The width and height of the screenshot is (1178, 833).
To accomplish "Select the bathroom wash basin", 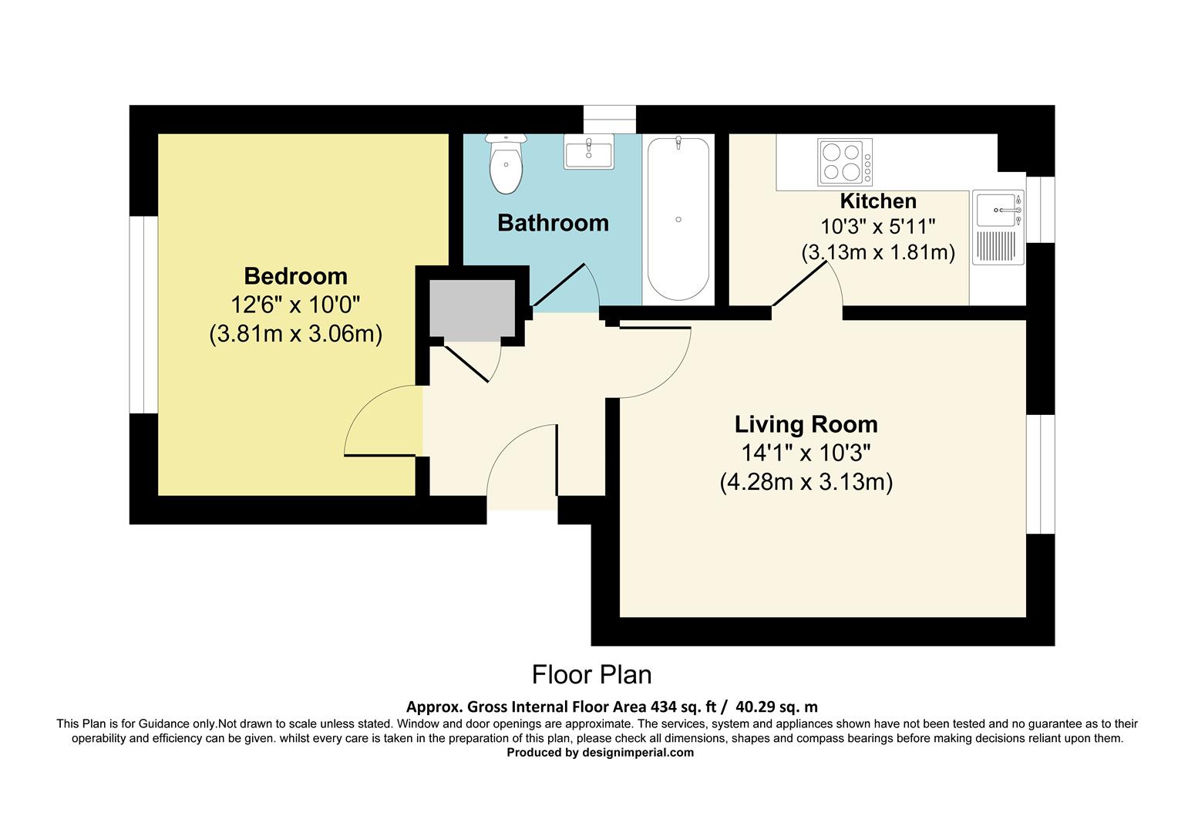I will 588,151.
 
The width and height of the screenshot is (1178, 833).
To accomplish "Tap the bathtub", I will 678,219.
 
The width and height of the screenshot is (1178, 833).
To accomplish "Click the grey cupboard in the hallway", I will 472,309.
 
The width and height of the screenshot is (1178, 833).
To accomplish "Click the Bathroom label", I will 553,223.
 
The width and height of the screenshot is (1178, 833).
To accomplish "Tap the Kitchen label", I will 878,201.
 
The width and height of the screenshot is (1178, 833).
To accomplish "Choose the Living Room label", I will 806,424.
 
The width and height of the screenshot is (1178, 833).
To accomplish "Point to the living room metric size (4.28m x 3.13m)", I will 806,482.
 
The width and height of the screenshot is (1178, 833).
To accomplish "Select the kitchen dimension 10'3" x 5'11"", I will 878,227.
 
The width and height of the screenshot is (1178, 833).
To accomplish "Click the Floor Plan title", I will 591,675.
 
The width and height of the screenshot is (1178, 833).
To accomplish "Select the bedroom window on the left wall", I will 143,315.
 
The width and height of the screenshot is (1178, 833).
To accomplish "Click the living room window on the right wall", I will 1040,474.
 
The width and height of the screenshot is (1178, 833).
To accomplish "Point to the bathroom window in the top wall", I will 610,120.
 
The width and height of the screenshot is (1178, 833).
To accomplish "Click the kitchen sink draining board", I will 998,247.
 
